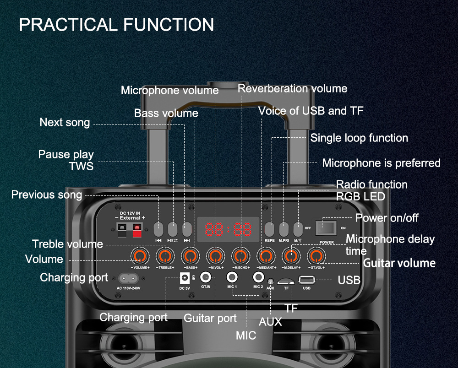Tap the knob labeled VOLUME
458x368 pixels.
coord(140,255)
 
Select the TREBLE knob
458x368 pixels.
coord(165,255)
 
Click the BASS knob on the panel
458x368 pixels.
coord(191,255)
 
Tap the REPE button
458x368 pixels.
coord(270,228)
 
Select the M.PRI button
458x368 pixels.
coord(284,228)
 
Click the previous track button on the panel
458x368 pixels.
coord(158,228)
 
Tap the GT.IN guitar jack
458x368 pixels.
coord(207,277)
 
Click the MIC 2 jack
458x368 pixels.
coord(259,277)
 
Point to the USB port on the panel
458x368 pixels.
coord(306,279)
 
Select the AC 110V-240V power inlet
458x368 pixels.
coord(128,278)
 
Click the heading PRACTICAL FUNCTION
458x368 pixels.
coord(116,25)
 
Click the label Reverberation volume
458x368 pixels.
coord(292,89)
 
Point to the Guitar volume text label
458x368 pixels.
coord(399,263)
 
